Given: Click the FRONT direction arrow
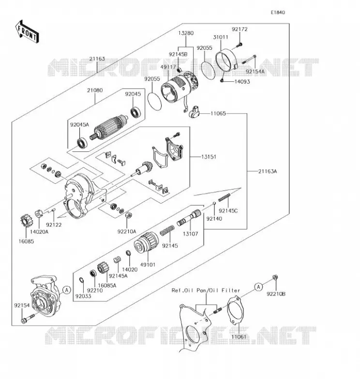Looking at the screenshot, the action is point(27,31).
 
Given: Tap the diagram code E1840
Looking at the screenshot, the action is point(278,13).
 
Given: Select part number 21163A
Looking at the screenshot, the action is point(268,171).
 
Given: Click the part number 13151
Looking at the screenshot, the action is point(209,157).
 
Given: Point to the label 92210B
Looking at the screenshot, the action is point(276,294).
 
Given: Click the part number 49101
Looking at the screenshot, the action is point(148,265).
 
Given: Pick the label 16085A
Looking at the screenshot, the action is point(107,285).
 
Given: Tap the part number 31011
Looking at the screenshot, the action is point(221,37).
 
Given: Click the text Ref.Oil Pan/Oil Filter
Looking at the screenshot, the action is point(206,290).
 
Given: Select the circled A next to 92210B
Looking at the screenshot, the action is point(258,287).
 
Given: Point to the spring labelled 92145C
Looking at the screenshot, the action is point(224,197).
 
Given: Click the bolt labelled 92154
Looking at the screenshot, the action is point(28,318).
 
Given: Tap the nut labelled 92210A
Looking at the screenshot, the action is point(128,215).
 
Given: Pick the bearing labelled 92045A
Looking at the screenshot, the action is point(82,143).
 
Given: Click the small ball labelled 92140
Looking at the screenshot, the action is point(214,203).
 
